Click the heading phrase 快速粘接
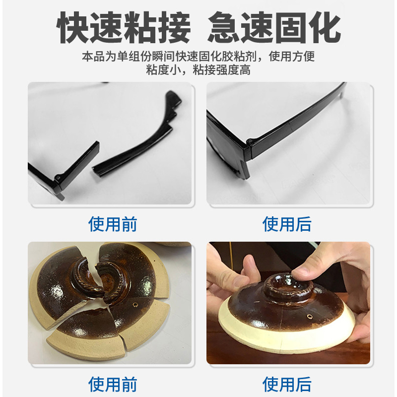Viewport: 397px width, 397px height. click(124, 27)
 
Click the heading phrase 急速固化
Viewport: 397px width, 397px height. click(274, 27)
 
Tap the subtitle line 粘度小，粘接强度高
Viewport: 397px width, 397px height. click(198, 70)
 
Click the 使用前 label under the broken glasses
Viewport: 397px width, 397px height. click(113, 224)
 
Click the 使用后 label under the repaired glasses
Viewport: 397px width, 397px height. click(287, 224)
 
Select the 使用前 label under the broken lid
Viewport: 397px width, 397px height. click(113, 384)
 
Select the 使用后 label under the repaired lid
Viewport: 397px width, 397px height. click(287, 384)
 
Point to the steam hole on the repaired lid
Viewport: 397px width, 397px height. click(309, 316)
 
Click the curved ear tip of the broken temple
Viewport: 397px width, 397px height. click(173, 99)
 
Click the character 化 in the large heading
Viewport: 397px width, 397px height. click(325, 27)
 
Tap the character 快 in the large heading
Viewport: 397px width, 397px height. click(73, 27)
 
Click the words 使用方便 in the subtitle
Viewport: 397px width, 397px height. click(292, 56)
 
